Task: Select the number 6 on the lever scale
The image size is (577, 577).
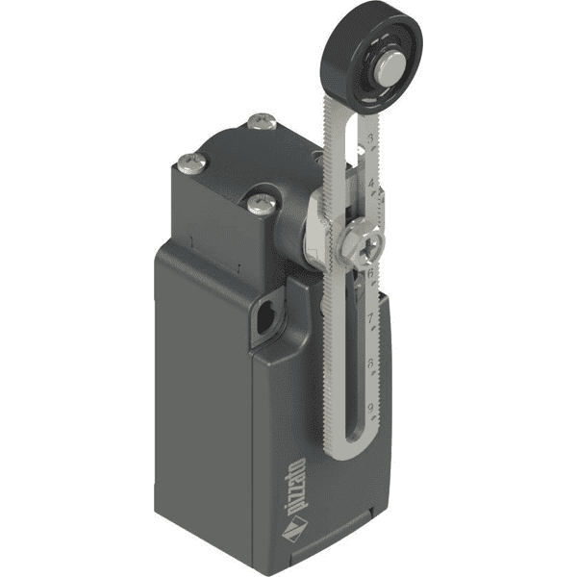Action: (370, 273)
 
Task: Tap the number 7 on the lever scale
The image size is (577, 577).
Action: (370, 317)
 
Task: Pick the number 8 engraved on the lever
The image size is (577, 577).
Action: (370, 364)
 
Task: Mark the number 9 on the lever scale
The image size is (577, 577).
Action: (370, 408)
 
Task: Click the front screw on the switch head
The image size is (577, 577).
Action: (258, 203)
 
